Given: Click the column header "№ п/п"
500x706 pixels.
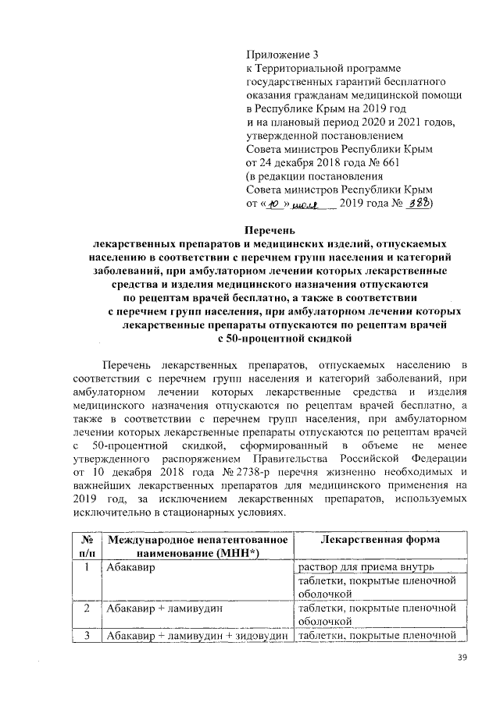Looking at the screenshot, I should click(x=86, y=547).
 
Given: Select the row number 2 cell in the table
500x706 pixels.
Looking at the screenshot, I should click(x=86, y=608).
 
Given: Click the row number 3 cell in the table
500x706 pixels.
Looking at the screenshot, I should click(x=86, y=634).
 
